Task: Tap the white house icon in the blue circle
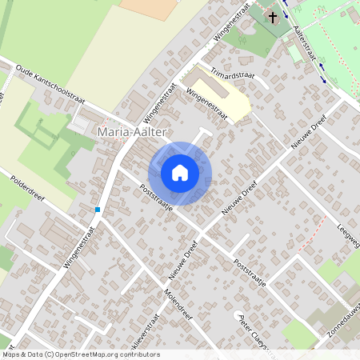coord(180,173)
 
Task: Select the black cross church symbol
coord(273,16)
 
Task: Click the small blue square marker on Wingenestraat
coord(98,210)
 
